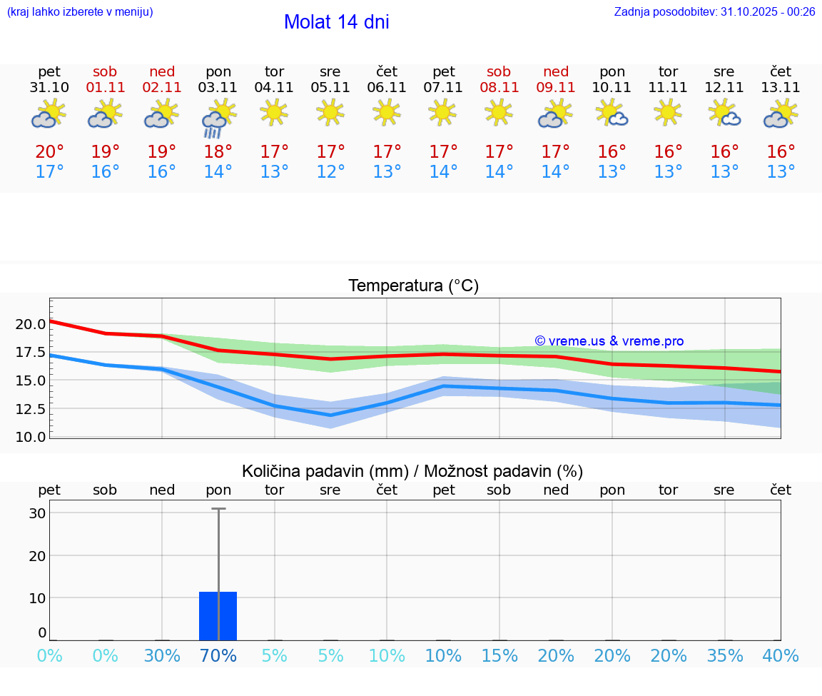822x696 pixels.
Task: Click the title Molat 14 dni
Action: (336, 22)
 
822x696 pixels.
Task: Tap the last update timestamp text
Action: (714, 12)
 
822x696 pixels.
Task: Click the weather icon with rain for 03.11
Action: (218, 118)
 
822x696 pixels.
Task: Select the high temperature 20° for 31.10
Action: (49, 152)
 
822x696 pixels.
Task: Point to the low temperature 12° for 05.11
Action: (330, 172)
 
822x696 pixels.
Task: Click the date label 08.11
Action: (499, 88)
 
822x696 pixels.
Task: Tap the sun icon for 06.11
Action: (387, 112)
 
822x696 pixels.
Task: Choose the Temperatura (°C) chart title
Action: (413, 286)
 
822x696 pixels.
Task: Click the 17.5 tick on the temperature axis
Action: (31, 352)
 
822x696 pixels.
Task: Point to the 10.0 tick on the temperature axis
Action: (31, 437)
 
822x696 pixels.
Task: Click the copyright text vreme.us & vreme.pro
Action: (609, 342)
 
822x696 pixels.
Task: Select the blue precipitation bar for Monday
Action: (218, 616)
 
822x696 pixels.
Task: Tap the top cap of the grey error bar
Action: (218, 509)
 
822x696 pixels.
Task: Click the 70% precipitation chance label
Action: (218, 656)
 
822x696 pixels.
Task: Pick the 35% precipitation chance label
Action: (724, 656)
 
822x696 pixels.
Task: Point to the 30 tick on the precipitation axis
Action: (38, 513)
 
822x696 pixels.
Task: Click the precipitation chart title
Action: (412, 471)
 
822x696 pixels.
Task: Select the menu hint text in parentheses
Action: (79, 12)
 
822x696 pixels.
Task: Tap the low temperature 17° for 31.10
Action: (49, 172)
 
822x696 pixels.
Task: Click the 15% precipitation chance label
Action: (499, 656)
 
